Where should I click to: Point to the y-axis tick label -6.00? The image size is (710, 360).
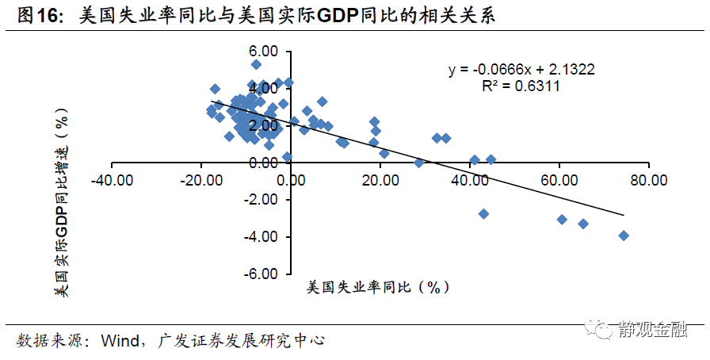[x=261, y=274]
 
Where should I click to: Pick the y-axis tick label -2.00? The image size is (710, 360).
[x=261, y=200]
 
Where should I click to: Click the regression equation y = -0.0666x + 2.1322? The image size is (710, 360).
[x=521, y=70]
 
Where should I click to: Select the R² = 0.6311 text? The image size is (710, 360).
[x=521, y=86]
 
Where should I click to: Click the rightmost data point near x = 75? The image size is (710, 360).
[x=624, y=236]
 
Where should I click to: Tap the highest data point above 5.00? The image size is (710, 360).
[x=256, y=65]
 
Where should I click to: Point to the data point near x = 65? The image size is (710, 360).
[x=583, y=224]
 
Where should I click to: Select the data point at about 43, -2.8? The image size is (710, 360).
[x=483, y=214]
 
